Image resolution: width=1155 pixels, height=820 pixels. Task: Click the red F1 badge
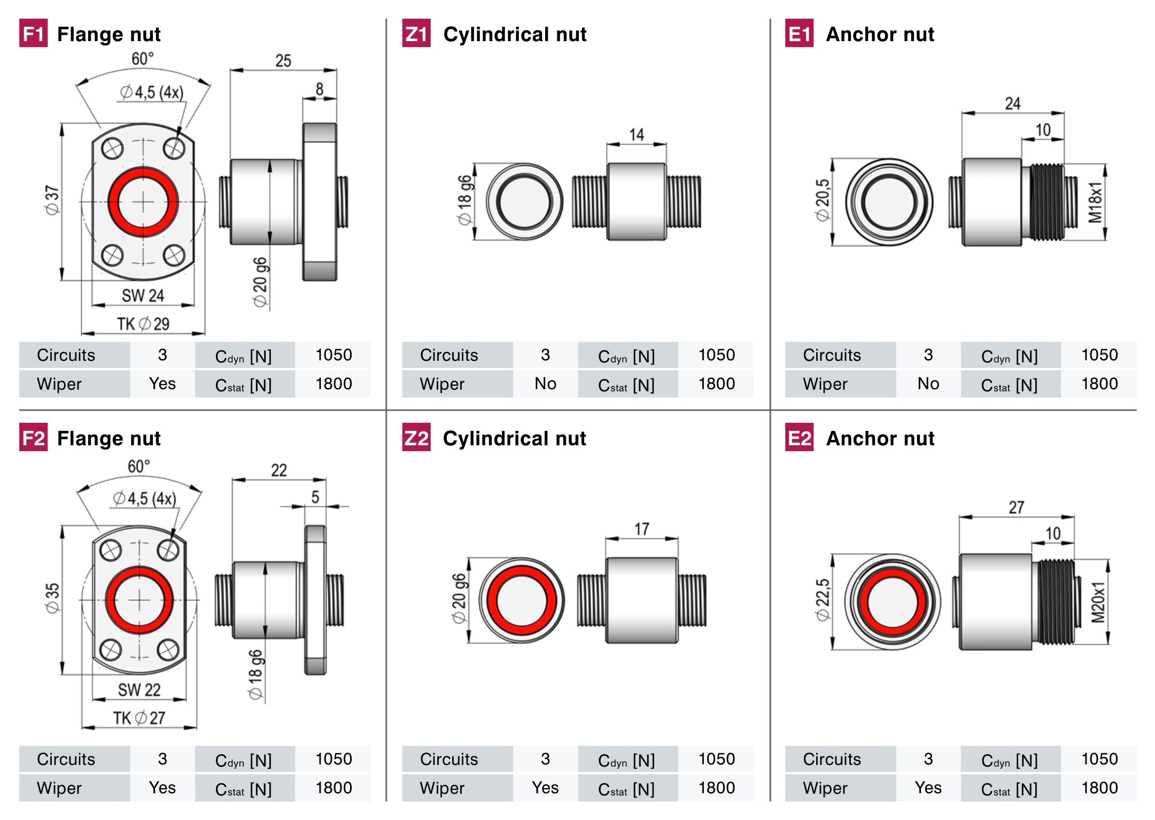(33, 33)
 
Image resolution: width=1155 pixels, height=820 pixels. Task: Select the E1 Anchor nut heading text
(880, 34)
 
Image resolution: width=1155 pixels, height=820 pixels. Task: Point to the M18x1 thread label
(1096, 202)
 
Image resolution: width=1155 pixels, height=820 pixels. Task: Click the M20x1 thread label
(1098, 602)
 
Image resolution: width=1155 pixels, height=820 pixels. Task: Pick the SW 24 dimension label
(143, 295)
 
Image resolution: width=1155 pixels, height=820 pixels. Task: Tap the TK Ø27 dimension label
(139, 717)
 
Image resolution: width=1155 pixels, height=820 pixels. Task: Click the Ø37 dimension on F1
(52, 200)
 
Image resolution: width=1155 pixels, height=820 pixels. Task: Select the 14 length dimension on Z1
(636, 135)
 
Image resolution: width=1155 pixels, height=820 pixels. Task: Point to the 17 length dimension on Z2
(641, 529)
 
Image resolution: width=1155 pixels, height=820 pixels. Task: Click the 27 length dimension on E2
(1016, 507)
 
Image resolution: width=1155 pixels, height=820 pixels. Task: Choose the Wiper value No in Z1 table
(545, 383)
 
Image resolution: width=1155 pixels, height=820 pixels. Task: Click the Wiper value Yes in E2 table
(928, 787)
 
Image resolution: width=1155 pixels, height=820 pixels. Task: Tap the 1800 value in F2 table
(334, 787)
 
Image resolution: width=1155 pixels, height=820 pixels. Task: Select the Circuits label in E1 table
(832, 355)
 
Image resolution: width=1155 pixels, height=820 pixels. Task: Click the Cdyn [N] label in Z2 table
(626, 760)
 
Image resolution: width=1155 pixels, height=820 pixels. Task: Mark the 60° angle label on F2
(138, 466)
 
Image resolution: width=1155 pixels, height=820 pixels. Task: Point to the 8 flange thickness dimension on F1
(319, 89)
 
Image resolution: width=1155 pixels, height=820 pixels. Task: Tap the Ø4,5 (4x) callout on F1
(152, 92)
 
